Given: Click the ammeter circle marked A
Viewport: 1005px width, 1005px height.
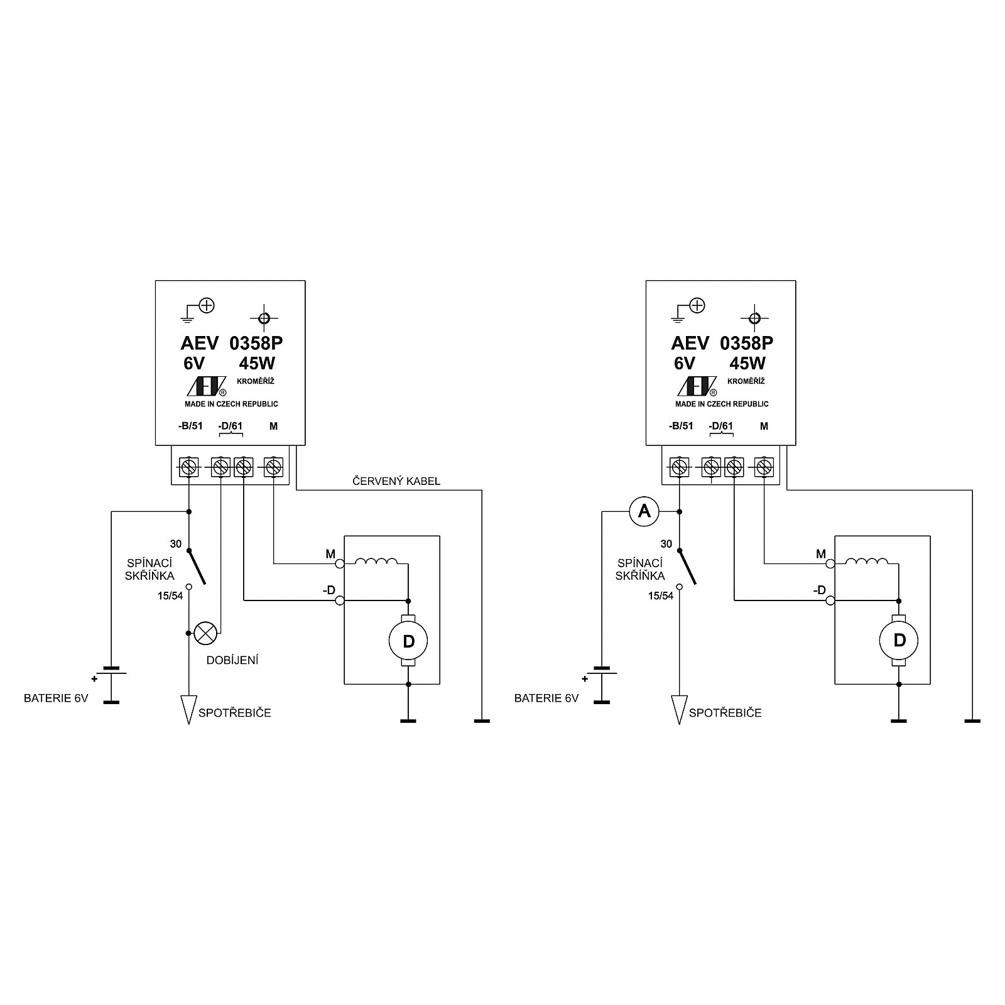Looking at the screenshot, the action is coord(644,512).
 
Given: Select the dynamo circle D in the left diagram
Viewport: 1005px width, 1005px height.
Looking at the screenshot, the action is coord(408,641).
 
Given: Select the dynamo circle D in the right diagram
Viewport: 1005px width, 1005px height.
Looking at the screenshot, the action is coord(899,641).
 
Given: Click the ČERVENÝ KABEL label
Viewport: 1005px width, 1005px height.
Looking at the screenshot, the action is coord(396,482).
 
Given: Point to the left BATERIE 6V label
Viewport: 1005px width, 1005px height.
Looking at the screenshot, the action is coord(56,698).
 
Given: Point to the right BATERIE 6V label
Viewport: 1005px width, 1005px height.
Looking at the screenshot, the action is coord(546,698).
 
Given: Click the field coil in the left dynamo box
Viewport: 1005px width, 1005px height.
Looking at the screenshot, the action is coord(376,562).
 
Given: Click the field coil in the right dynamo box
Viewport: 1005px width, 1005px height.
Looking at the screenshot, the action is coord(867,562).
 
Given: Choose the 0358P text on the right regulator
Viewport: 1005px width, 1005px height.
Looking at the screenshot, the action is coord(746,343).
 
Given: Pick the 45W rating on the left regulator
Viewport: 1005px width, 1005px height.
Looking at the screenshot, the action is coord(257,364).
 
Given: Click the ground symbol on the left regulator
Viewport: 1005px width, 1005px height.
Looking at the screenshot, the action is coord(188,315).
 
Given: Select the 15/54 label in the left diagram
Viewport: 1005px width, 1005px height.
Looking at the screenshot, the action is coord(170,595).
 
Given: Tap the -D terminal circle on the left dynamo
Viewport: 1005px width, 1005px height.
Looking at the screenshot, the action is coord(340,601).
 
